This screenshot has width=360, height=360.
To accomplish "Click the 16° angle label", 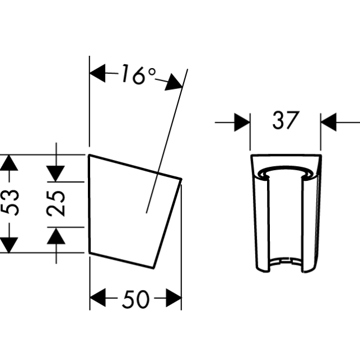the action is (139, 74).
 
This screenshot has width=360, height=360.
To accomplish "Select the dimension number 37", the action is (286, 121).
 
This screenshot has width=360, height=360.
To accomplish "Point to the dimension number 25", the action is (56, 204).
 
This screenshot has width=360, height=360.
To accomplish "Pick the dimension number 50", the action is (136, 299).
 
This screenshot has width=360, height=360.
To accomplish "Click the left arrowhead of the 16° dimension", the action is (97, 73).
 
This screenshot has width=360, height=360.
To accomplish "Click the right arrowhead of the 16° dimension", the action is (174, 83).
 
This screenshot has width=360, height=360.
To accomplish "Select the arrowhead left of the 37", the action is (242, 122).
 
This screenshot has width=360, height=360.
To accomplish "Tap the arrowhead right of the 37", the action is (328, 122).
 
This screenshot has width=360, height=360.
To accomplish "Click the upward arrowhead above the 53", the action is (8, 163).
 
